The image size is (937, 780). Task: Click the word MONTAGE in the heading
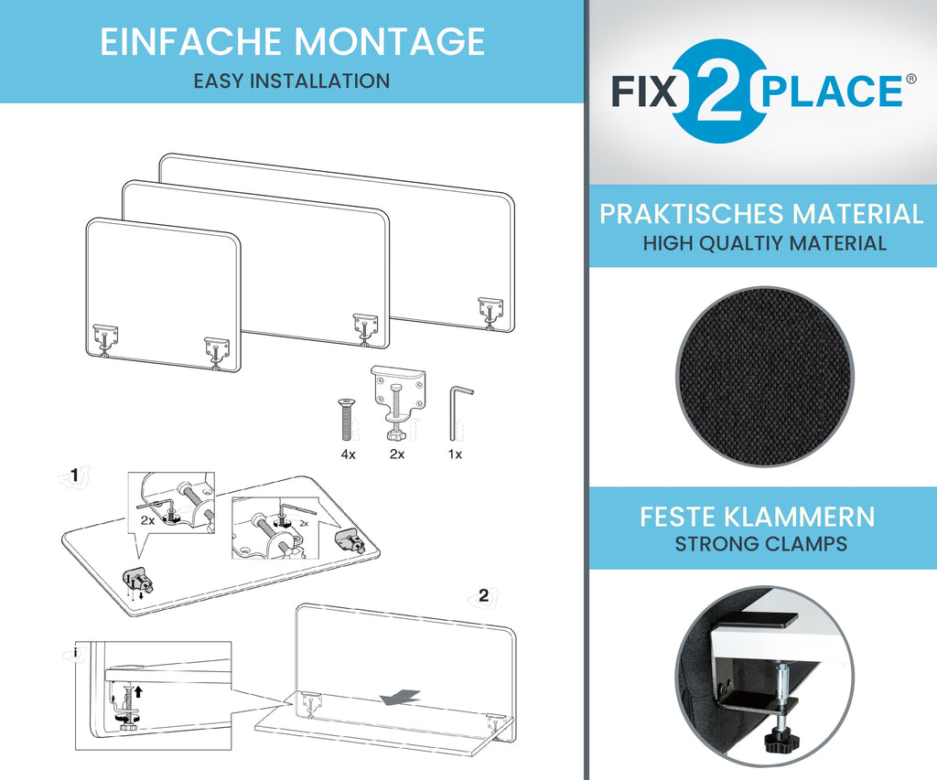click(x=389, y=41)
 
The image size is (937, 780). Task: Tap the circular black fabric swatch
click(x=765, y=376)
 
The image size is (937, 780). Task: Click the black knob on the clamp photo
click(x=779, y=740)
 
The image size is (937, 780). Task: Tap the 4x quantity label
click(x=348, y=454)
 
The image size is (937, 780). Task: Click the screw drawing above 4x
click(x=345, y=420)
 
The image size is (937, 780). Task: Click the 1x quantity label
click(x=455, y=454)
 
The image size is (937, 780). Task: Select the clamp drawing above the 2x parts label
click(x=397, y=402)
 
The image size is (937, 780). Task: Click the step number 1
click(x=75, y=475)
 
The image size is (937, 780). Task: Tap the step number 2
click(x=483, y=595)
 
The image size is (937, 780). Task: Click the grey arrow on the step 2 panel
click(x=401, y=697)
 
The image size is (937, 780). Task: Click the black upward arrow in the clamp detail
click(x=138, y=691)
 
